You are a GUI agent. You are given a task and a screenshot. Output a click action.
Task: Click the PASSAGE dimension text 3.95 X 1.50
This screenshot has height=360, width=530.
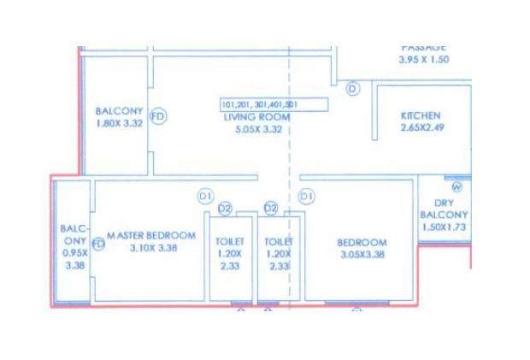pos(423,60)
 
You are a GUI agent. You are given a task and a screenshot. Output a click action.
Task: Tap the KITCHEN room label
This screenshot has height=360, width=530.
pos(421,116)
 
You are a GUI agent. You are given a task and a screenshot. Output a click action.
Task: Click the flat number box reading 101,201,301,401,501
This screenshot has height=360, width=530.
pos(274,105)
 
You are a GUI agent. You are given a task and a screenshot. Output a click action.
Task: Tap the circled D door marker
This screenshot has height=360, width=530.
pos(353,88)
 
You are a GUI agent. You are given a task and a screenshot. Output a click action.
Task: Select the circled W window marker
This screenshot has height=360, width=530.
pos(456,186)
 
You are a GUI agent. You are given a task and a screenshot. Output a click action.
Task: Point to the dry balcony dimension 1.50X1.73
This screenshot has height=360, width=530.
pos(444,227)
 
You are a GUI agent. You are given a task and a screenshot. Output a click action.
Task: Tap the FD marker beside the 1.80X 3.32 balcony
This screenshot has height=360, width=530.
pos(157,117)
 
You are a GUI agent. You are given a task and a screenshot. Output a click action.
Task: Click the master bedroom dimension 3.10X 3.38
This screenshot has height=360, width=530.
pos(141,248)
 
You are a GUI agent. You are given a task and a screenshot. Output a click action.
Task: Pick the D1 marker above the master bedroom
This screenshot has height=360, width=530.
pos(205,196)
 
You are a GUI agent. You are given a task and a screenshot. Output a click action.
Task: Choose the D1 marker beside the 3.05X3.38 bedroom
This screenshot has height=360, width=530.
pos(307,197)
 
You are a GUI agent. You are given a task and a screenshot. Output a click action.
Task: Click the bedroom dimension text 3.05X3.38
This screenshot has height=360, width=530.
pos(362,254)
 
